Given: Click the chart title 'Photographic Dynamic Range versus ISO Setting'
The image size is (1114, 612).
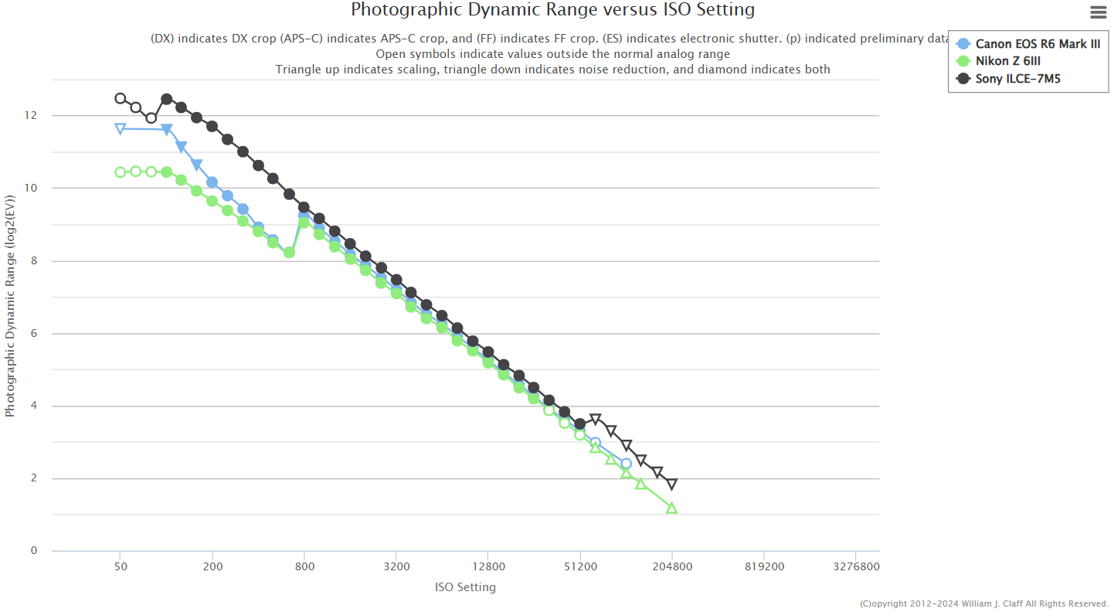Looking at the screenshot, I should click(x=552, y=10).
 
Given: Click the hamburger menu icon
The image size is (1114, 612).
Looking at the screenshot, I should click(x=1098, y=12).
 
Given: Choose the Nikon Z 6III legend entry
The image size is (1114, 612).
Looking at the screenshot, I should click(x=1011, y=61).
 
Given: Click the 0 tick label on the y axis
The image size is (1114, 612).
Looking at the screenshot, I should click(x=33, y=551).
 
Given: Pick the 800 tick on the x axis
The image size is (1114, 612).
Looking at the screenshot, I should click(x=304, y=566).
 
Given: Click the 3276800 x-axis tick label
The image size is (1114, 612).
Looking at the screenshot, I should click(x=855, y=566).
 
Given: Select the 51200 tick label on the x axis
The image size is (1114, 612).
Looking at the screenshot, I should click(x=579, y=566).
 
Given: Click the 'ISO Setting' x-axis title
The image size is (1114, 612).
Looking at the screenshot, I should click(x=465, y=587).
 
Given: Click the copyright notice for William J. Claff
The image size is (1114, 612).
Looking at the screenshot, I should click(x=983, y=603).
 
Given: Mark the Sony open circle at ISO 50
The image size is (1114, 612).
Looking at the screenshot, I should click(x=121, y=98).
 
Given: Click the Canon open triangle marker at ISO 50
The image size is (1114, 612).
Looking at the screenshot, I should click(x=121, y=128).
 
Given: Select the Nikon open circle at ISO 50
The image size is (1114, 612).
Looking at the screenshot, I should click(x=121, y=172).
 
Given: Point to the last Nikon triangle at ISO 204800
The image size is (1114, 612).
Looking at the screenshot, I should click(x=671, y=508).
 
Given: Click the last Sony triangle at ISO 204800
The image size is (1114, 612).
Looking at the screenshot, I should click(x=671, y=484).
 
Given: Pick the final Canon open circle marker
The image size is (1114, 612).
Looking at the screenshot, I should click(x=626, y=464).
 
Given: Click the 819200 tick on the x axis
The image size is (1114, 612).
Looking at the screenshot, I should click(x=763, y=566).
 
